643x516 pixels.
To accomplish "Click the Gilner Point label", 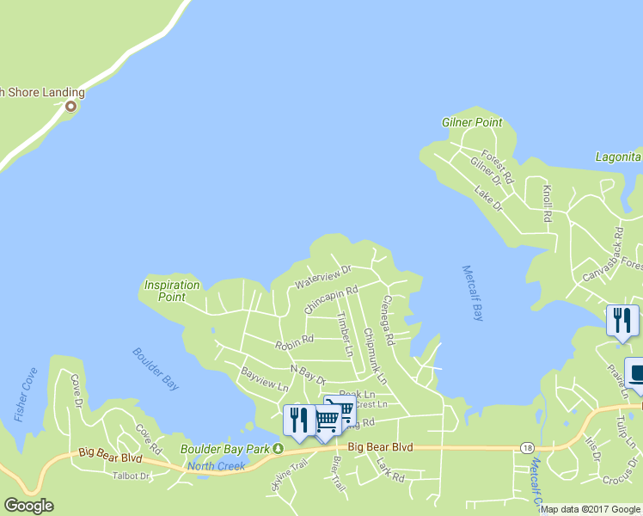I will click(471, 122).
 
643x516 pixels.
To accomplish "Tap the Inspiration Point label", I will click(172, 291).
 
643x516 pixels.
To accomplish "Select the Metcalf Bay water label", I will click(473, 292).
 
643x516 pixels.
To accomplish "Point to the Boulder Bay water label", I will click(156, 369).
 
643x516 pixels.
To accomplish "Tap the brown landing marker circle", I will click(70, 107).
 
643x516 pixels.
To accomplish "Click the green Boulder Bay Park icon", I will click(278, 449).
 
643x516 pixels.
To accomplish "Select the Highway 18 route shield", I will click(527, 448).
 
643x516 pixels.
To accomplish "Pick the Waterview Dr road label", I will click(323, 277).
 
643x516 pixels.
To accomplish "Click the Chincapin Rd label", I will click(331, 300).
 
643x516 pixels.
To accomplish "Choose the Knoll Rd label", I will click(546, 202).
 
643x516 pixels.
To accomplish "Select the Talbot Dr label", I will click(132, 476).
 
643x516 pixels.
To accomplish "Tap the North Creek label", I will click(216, 466).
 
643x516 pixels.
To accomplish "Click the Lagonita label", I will click(618, 157).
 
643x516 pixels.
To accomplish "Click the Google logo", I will click(28, 506).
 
